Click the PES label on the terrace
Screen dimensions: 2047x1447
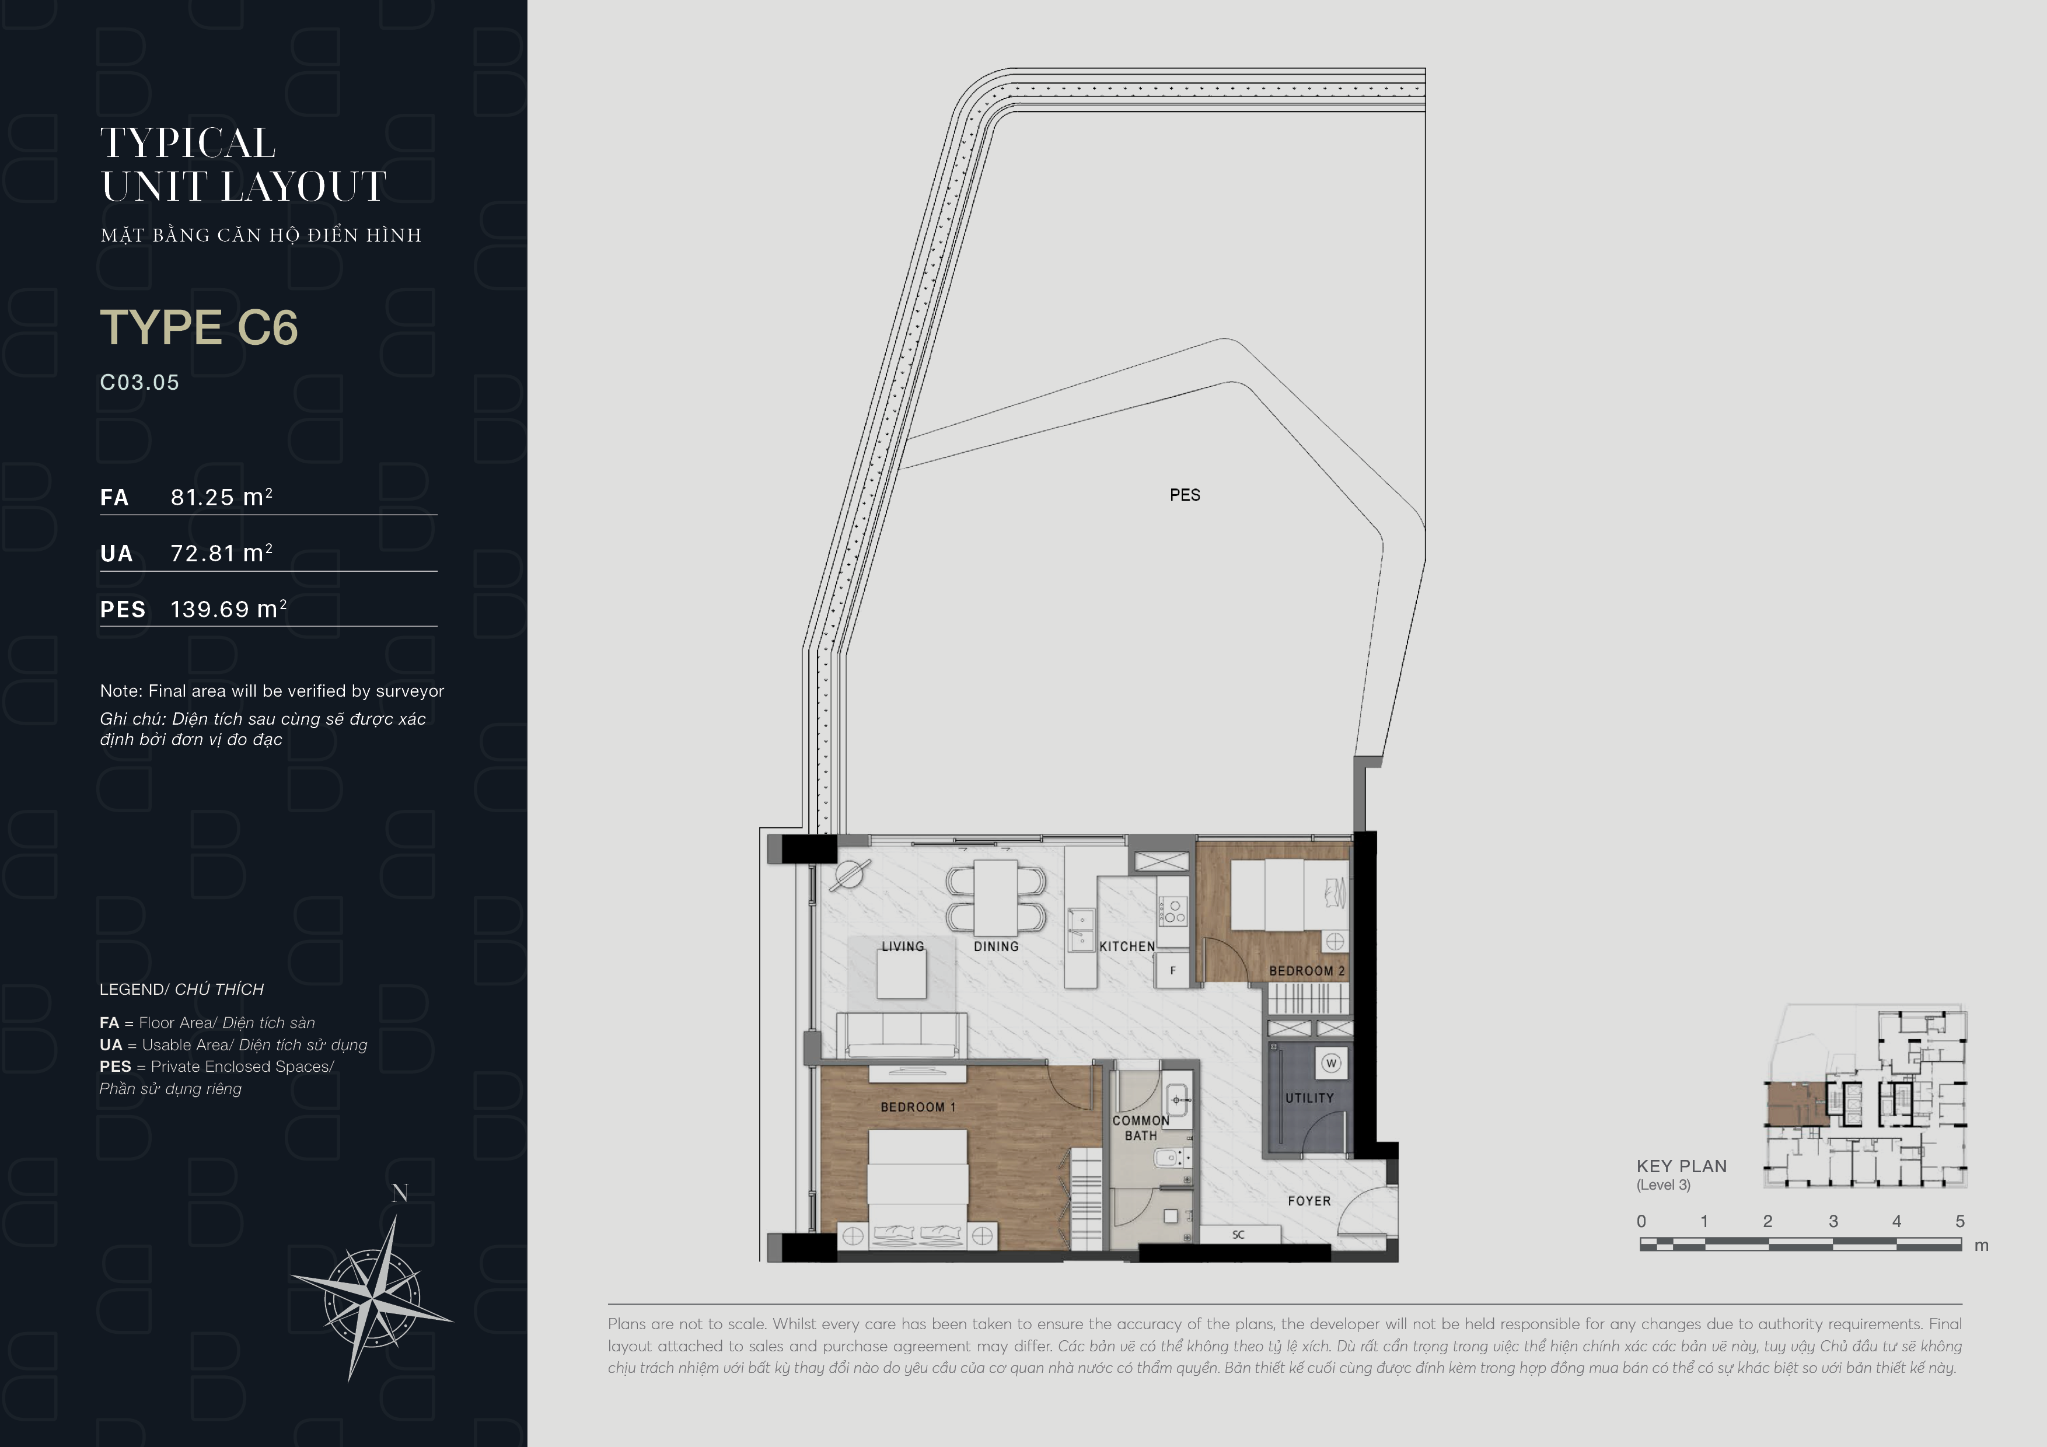tap(1185, 495)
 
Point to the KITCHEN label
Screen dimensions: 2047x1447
tap(1127, 947)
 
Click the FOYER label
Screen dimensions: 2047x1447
tap(1309, 1201)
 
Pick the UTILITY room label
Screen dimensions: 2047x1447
tap(1309, 1099)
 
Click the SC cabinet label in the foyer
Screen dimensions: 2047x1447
tap(1238, 1235)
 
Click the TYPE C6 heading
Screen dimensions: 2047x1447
tap(199, 327)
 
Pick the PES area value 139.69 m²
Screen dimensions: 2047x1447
tap(228, 609)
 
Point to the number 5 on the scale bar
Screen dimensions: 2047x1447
tap(1959, 1221)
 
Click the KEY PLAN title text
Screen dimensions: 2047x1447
tap(1682, 1166)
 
